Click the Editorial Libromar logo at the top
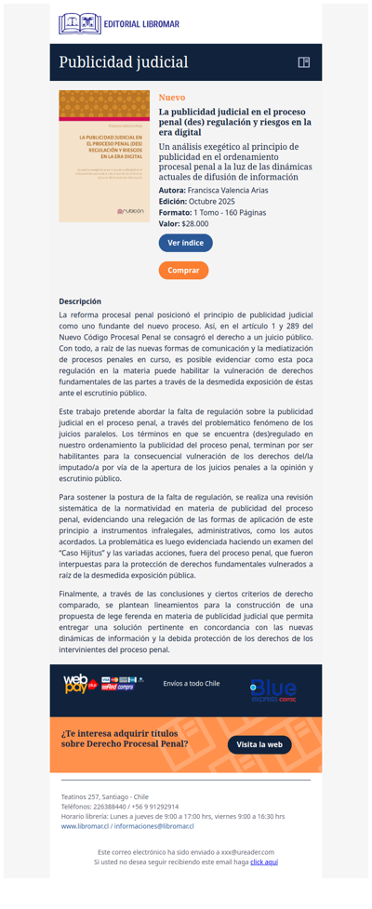(119, 23)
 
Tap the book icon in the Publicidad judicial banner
(303, 62)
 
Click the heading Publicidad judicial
(124, 62)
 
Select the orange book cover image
(104, 155)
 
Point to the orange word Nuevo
(172, 97)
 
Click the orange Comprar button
(183, 270)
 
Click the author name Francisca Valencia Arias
(228, 190)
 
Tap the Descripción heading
(80, 301)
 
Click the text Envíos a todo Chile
(191, 683)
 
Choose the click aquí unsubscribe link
(264, 862)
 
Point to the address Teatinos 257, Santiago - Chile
(104, 797)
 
